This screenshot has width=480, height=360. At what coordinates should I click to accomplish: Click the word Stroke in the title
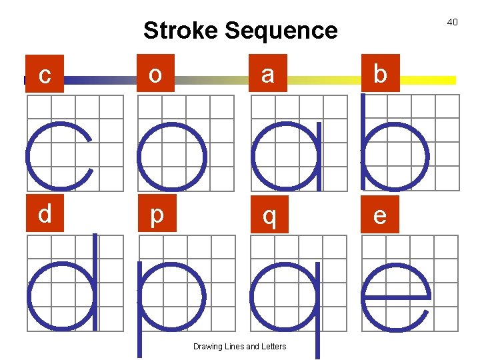pos(181,31)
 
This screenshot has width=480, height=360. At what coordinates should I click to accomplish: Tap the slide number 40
pos(452,23)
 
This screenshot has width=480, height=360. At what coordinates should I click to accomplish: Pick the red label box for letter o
pos(155,73)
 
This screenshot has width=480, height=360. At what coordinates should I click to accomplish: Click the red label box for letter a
pos(267,73)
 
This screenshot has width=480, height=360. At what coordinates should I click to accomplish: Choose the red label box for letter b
pos(380,73)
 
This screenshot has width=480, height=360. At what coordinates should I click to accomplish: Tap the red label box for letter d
pos(45,215)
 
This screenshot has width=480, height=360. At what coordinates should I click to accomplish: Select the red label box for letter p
pos(156,215)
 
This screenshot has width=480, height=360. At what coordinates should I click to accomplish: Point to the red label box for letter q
pos(269,216)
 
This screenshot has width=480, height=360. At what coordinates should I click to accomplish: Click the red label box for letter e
pos(380,216)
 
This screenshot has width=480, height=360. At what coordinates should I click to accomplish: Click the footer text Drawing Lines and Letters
pos(239,347)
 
